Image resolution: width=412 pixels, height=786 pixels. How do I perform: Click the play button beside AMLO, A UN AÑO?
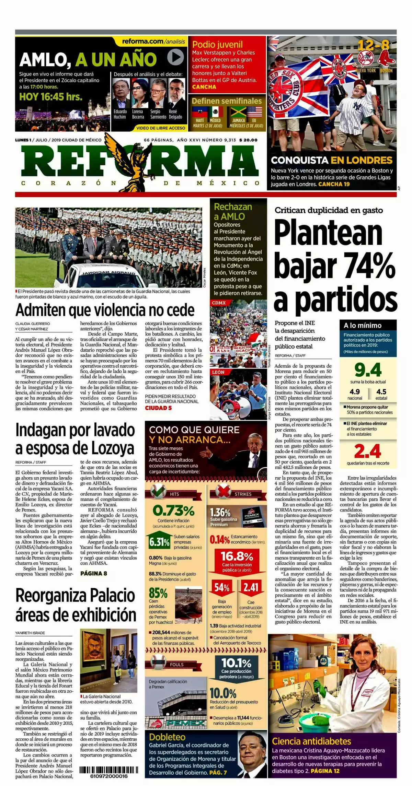(175, 57)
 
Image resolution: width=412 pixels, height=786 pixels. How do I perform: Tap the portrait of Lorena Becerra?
(140, 93)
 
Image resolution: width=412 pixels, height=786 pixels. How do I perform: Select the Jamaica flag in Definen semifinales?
(238, 112)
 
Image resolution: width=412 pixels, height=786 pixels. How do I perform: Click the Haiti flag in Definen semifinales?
(199, 112)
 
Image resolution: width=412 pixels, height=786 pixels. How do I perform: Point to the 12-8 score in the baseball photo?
(374, 45)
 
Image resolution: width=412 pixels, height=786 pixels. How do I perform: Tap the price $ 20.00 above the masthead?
(248, 140)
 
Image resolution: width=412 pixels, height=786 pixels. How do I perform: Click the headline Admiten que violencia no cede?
(105, 310)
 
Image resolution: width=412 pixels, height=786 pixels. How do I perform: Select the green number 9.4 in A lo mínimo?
(368, 370)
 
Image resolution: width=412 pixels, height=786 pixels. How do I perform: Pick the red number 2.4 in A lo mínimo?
(368, 451)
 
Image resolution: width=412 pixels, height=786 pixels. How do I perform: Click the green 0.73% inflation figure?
(174, 511)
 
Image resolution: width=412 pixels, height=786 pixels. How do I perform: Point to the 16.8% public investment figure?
(237, 556)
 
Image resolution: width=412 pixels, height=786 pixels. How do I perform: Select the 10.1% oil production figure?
(237, 662)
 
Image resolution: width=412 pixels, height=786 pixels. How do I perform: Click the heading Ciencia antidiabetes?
(311, 741)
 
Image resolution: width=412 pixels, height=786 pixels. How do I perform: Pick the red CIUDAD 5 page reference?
(158, 408)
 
